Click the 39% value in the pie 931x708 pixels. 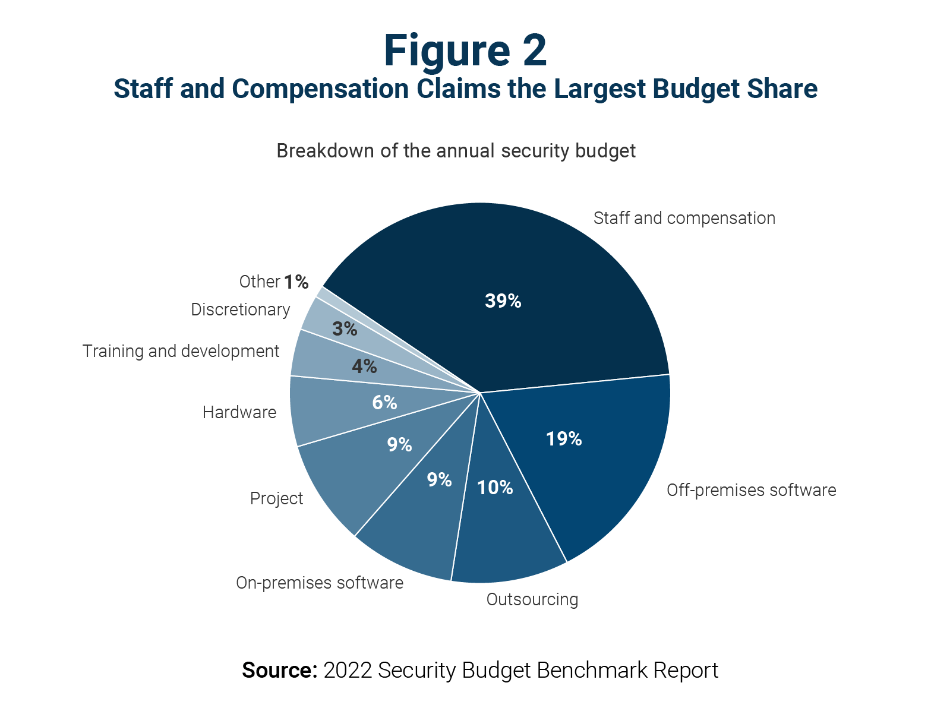pos(503,301)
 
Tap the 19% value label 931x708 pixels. pos(563,439)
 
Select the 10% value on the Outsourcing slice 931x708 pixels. pos(495,488)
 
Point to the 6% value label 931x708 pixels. pos(384,403)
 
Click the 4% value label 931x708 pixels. pos(364,366)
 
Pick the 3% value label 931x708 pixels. pos(345,329)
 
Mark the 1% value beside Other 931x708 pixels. pos(296,282)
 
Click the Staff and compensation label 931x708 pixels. pos(684,219)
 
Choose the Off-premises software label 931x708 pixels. pos(751,491)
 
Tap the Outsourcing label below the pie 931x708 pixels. pos(532,600)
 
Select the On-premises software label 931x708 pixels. pos(320,583)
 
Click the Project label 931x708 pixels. pos(276,499)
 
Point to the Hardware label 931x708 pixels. pos(239,413)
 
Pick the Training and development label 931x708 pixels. pos(181,352)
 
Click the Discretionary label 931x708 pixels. pos(241,310)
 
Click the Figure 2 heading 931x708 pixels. pos(465,50)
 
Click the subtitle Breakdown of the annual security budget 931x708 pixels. pos(456,151)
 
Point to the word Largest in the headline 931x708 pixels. pos(599,89)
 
